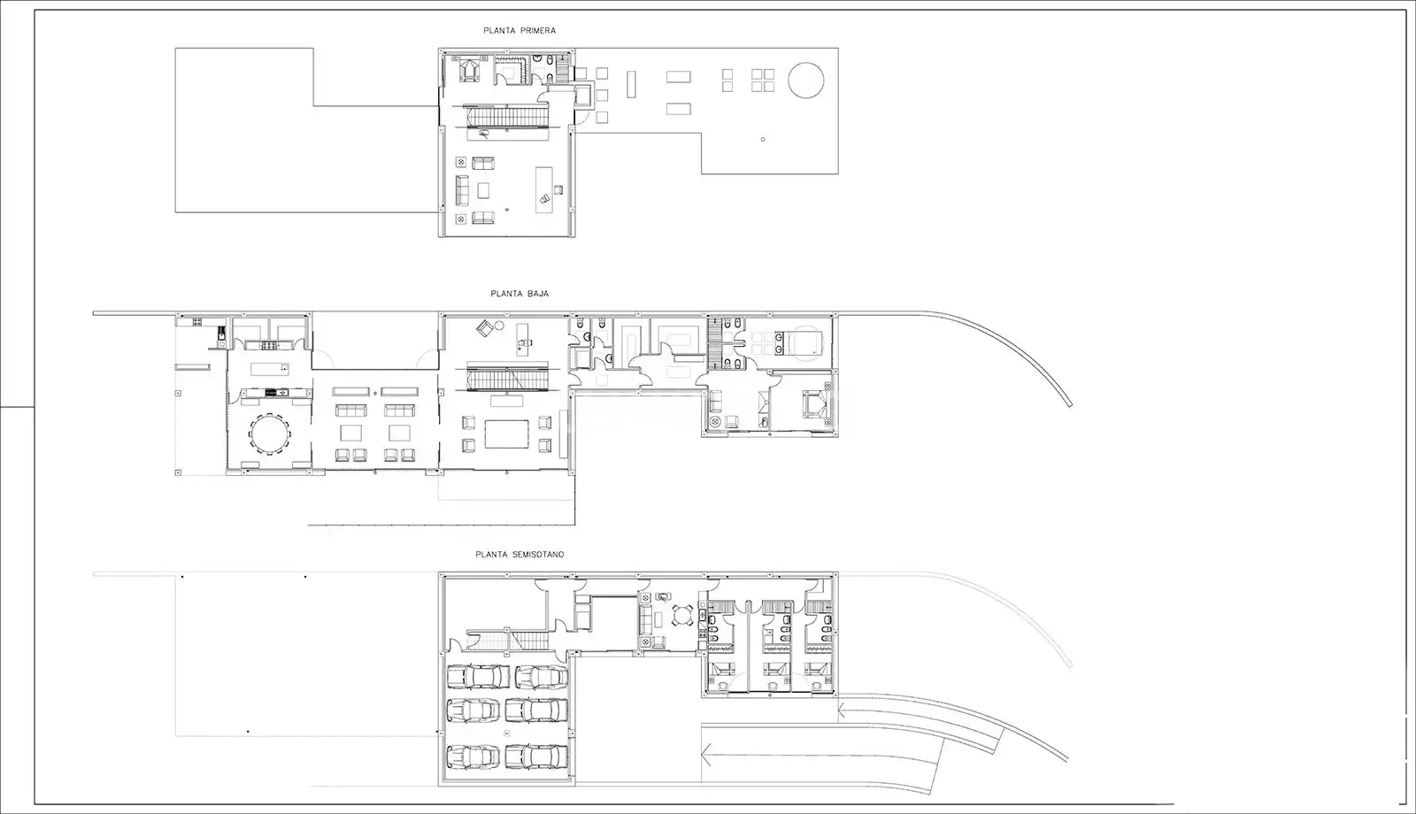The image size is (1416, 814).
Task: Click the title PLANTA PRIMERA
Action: (519, 30)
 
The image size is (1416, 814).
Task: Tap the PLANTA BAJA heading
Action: (519, 294)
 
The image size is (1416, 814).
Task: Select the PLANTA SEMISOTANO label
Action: (519, 554)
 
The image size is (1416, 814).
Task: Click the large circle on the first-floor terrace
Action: (806, 81)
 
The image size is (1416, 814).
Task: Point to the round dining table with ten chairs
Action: (271, 433)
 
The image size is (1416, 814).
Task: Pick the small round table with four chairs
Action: (681, 615)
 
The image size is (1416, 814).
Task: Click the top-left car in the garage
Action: (478, 677)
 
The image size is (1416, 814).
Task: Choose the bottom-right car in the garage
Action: (536, 756)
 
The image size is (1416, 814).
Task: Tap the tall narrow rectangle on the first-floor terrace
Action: (631, 84)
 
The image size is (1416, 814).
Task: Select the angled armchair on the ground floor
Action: (484, 328)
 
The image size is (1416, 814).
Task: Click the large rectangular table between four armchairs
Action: (506, 434)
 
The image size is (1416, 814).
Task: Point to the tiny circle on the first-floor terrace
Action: (763, 139)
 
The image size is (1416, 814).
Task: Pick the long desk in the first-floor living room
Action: (543, 189)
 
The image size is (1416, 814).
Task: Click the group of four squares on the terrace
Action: (763, 81)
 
